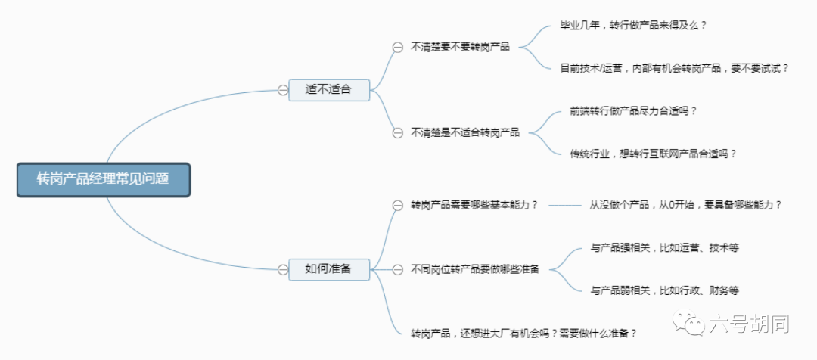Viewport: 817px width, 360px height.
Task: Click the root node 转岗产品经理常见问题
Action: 104,180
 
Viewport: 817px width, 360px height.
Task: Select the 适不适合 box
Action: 329,89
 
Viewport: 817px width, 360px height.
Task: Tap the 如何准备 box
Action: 329,269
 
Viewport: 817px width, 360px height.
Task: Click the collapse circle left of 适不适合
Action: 283,90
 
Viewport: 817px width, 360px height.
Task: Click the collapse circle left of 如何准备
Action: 283,269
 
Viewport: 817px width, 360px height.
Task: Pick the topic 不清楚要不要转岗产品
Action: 460,47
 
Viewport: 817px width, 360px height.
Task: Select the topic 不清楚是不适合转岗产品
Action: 465,132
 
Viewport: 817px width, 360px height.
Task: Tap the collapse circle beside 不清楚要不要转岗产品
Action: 398,48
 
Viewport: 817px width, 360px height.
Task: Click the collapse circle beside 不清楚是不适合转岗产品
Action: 398,133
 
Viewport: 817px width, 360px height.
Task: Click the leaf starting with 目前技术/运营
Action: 675,68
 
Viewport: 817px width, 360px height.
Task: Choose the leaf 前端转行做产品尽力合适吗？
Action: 634,111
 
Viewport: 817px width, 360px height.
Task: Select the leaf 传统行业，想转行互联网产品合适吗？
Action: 654,154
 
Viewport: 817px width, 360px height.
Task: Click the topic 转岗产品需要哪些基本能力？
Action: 474,205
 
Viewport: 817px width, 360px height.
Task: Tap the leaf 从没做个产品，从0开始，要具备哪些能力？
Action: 685,205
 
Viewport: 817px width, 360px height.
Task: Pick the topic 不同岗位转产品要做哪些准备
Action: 475,269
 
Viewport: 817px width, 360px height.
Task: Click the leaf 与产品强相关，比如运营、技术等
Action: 665,248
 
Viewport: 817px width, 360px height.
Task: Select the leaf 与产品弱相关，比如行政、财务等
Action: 665,290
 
